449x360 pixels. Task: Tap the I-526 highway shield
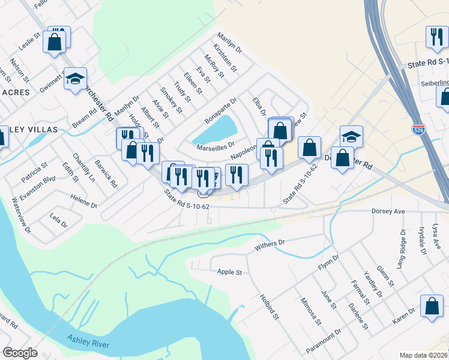click(x=418, y=129)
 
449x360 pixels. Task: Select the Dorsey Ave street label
click(x=390, y=211)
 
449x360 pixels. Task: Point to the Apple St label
click(x=229, y=272)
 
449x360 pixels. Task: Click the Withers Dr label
click(x=270, y=244)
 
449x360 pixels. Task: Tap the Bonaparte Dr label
click(x=220, y=111)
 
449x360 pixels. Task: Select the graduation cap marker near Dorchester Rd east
click(x=351, y=137)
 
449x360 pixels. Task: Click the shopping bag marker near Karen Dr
click(x=432, y=306)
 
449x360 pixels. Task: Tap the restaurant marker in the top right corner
click(x=435, y=37)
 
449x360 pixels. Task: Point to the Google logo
click(x=20, y=353)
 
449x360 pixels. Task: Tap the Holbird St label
click(x=269, y=306)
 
